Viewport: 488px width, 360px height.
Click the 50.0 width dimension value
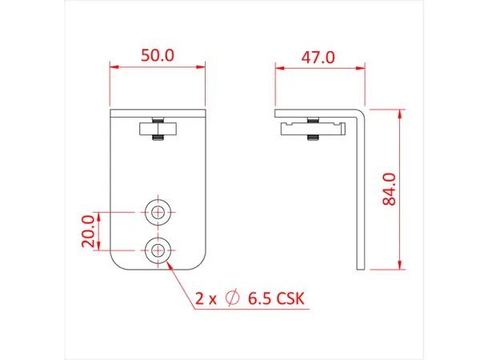click(158, 56)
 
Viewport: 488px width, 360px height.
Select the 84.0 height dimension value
click(390, 190)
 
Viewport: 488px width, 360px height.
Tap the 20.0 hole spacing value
click(88, 231)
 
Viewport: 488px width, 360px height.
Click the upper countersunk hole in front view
click(158, 212)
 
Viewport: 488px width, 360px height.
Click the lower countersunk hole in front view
click(158, 250)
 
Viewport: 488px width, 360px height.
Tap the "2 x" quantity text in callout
click(206, 299)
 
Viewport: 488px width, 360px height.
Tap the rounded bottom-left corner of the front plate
click(115, 263)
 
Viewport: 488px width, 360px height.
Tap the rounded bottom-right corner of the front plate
click(201, 263)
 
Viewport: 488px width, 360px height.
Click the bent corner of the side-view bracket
click(362, 111)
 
